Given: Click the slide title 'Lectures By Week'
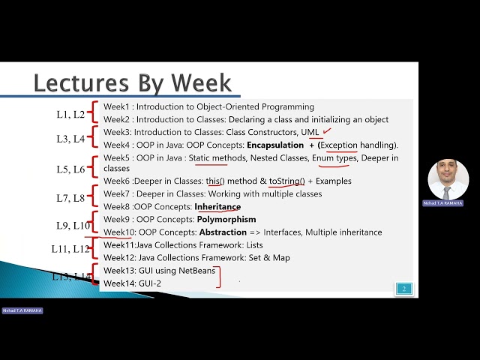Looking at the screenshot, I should click(133, 82).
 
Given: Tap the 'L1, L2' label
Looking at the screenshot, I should click(70, 115).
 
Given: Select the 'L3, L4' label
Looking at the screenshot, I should click(70, 139).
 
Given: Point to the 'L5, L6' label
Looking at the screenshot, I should click(71, 169).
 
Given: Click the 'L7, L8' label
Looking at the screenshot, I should click(72, 199).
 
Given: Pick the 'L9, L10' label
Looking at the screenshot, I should click(73, 225).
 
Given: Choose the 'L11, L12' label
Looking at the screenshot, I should click(70, 249).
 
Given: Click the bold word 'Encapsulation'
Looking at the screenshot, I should click(275, 145).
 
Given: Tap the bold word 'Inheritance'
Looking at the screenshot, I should click(217, 206).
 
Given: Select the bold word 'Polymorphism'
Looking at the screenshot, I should click(226, 219).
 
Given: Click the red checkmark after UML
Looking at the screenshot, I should click(327, 132).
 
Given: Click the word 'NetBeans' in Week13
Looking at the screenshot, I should click(198, 270).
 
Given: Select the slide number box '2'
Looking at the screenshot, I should click(404, 289).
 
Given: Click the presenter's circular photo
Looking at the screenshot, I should click(448, 180).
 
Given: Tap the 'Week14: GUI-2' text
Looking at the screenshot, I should click(132, 283).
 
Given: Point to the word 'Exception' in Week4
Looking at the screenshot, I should click(340, 145).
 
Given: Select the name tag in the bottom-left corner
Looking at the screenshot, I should click(22, 310).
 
